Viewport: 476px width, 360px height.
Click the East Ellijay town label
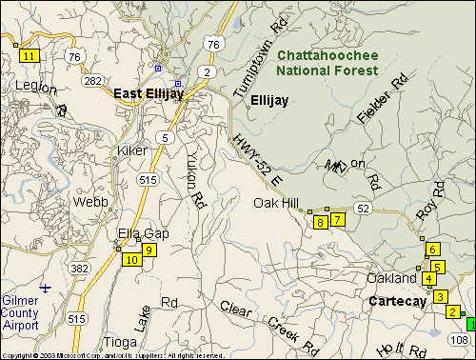point(149,93)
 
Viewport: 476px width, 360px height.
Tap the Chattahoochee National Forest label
point(327,63)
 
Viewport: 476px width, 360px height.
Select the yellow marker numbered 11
point(30,55)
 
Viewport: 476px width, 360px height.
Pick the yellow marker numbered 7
point(336,219)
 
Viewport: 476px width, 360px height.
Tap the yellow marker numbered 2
point(452,311)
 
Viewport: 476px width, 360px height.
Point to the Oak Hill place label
point(277,203)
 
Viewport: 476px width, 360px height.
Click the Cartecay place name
point(397,301)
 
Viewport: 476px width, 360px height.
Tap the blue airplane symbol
point(45,287)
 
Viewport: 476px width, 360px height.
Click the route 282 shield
point(92,81)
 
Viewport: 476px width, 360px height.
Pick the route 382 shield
point(80,269)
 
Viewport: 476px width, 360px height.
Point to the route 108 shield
point(459,339)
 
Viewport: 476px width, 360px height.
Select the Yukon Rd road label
point(196,181)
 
